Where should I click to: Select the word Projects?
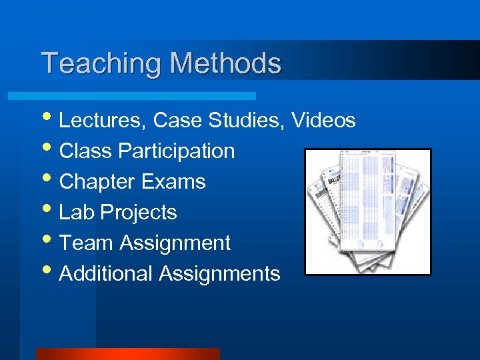coord(139,213)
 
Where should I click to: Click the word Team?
coord(87,243)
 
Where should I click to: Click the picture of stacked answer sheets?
coord(367,212)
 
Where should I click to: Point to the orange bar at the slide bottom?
coord(127,354)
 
